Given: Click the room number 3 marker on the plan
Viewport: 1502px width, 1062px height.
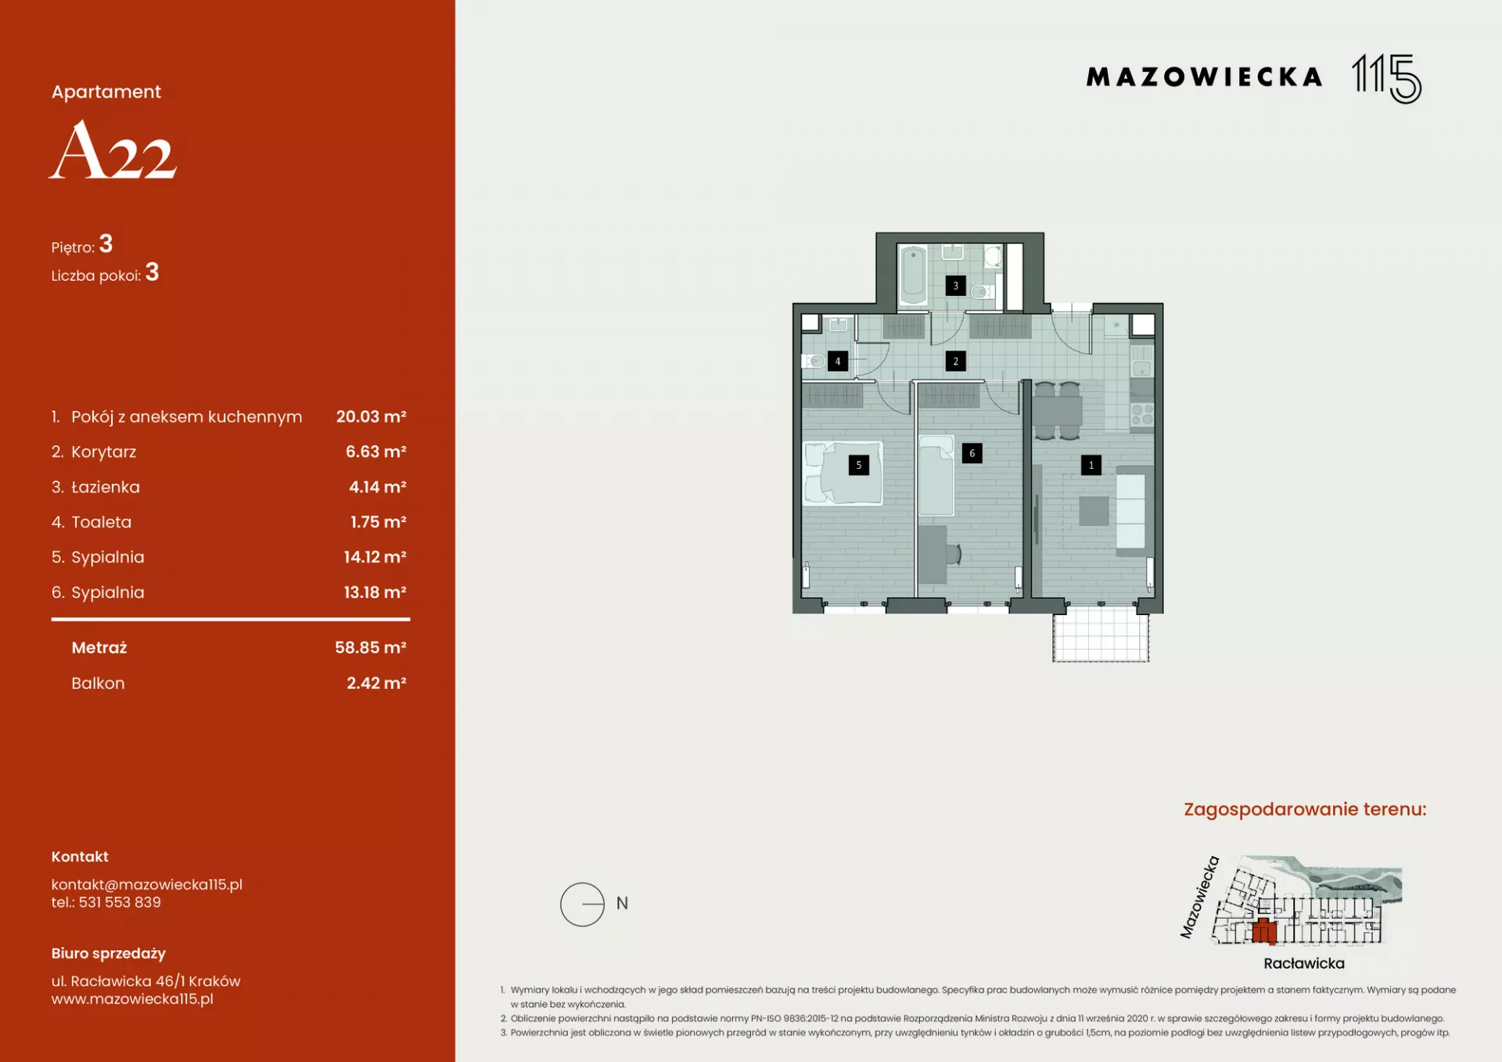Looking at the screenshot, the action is pyautogui.click(x=955, y=286).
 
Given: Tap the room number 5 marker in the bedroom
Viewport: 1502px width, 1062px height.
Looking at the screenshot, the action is pyautogui.click(x=858, y=465).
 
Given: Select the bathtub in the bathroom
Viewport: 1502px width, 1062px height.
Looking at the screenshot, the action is pyautogui.click(x=913, y=274).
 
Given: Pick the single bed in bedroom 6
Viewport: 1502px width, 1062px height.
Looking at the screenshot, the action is pyautogui.click(x=936, y=476).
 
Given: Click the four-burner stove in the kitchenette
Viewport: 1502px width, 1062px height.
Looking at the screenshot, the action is pyautogui.click(x=1142, y=415).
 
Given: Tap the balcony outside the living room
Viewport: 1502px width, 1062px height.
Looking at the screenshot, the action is pyautogui.click(x=1101, y=635).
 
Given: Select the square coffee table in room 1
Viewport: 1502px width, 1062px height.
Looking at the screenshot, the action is pyautogui.click(x=1094, y=511).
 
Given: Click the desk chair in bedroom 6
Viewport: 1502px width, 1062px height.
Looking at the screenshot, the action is pyautogui.click(x=954, y=554).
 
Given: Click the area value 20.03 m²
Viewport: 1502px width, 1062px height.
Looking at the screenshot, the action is pyautogui.click(x=371, y=416).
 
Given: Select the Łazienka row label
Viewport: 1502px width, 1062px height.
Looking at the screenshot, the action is pyautogui.click(x=106, y=487).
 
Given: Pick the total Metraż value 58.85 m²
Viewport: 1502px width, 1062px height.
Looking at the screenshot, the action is pyautogui.click(x=371, y=647).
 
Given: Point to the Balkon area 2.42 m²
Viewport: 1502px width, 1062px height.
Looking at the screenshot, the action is pyautogui.click(x=376, y=683).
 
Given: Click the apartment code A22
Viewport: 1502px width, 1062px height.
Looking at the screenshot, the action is pyautogui.click(x=113, y=149).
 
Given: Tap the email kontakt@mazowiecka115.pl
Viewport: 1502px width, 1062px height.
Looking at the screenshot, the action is pyautogui.click(x=147, y=884).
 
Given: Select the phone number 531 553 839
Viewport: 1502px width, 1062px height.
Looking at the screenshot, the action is pyautogui.click(x=120, y=902).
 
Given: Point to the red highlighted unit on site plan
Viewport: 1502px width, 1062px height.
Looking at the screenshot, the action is pyautogui.click(x=1264, y=931).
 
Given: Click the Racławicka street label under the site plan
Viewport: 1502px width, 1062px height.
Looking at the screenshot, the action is pyautogui.click(x=1304, y=963).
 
